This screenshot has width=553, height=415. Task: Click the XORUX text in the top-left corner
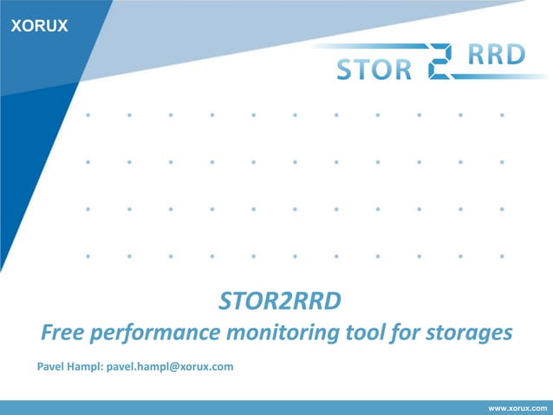(38, 26)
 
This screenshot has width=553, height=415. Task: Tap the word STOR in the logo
(374, 69)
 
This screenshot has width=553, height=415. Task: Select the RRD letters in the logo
(497, 55)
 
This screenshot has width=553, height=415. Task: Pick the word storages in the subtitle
(468, 333)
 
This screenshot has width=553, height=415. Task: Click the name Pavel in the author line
(51, 366)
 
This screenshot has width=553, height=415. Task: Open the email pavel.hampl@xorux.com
(170, 366)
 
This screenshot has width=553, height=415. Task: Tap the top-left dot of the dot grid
(88, 114)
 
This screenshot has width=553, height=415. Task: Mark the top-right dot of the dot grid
(503, 114)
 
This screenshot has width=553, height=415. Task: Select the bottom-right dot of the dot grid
(503, 256)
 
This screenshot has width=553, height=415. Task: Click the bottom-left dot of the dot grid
(88, 256)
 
